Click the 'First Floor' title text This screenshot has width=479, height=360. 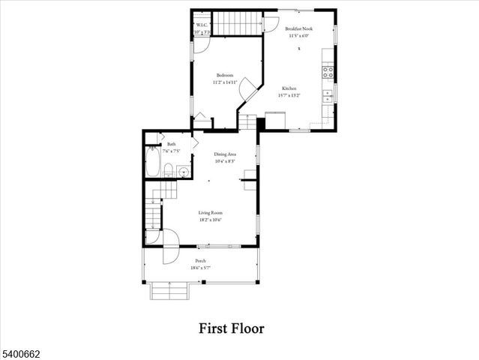(x=231, y=328)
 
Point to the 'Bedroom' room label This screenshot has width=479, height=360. (x=225, y=75)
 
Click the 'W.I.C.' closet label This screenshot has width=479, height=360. (x=202, y=25)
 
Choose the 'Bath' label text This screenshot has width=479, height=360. (x=172, y=144)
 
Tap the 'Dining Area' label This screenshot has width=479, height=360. (x=225, y=154)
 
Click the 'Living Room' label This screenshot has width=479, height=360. (x=210, y=212)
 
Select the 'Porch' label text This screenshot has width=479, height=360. (x=201, y=261)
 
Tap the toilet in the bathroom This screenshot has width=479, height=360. (x=169, y=170)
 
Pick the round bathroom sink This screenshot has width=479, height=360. (x=183, y=171)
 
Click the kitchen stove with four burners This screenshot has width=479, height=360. (x=328, y=73)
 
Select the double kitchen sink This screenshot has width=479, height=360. (x=328, y=96)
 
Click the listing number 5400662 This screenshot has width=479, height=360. (x=20, y=351)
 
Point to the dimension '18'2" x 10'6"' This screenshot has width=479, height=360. (x=210, y=220)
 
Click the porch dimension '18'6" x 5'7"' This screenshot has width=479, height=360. (x=201, y=268)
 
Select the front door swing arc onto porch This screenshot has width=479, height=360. (x=170, y=249)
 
